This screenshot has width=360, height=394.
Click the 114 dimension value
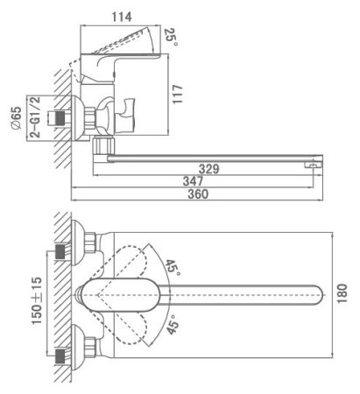click(x=122, y=17)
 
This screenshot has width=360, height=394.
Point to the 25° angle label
click(x=172, y=37)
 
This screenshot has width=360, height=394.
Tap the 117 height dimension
click(x=177, y=95)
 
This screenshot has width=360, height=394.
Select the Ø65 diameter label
click(x=16, y=117)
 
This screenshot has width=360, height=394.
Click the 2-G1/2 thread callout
click(x=35, y=117)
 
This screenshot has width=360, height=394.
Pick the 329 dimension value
click(x=208, y=169)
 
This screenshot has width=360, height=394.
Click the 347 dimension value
click(x=193, y=181)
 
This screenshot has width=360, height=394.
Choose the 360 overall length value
click(x=198, y=193)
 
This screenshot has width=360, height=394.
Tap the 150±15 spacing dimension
click(x=37, y=301)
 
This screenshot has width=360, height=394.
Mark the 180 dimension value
click(x=342, y=293)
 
